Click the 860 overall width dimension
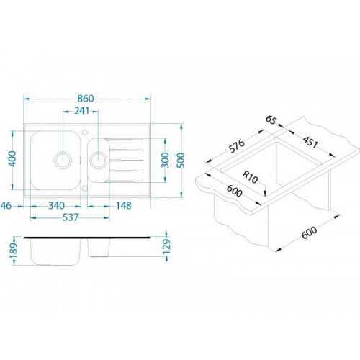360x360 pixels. click(86, 99)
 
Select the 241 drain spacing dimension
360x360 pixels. click(81, 111)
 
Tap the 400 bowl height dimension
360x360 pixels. click(12, 158)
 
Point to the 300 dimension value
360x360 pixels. click(166, 160)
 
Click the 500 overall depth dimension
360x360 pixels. click(182, 160)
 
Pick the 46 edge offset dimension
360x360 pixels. click(6, 206)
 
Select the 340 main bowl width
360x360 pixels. click(57, 206)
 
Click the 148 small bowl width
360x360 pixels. click(124, 206)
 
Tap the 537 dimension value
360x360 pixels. click(70, 217)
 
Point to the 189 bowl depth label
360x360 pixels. click(14, 251)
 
